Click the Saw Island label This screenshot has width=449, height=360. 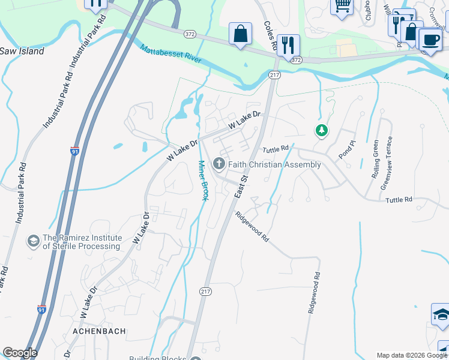pos(22,52)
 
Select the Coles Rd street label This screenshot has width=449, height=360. pos(270,36)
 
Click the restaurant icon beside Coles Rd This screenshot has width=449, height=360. pos(289,44)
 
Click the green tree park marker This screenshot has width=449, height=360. pos(322,130)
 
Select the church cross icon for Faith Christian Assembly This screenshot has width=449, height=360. pos(219,164)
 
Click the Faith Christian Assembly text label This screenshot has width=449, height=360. pos(274,164)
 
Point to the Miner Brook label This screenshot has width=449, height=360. pos(203,181)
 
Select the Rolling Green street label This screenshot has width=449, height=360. pos(376,159)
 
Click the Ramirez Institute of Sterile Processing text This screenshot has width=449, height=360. pos(81,242)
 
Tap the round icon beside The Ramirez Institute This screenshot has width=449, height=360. pos(34,242)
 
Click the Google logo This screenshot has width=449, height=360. pos(20,353)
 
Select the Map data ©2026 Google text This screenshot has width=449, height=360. pos(412,355)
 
